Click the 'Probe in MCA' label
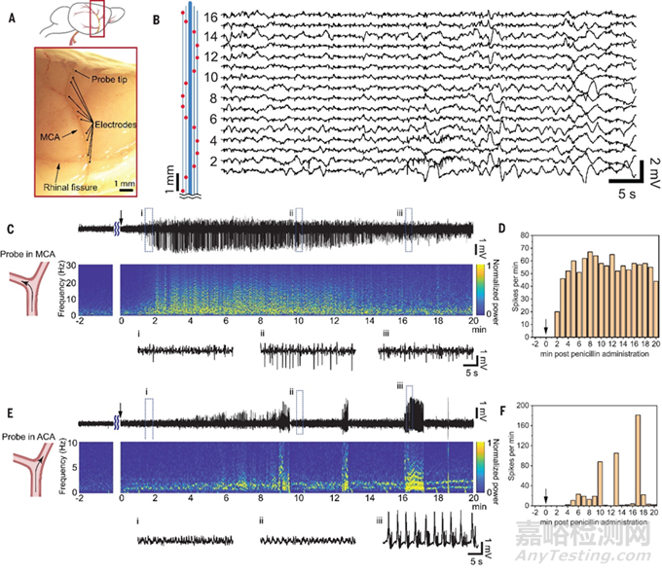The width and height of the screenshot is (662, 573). point(29,254)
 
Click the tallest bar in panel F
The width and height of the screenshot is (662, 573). point(638,460)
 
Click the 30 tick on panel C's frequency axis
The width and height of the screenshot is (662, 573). point(109,262)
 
